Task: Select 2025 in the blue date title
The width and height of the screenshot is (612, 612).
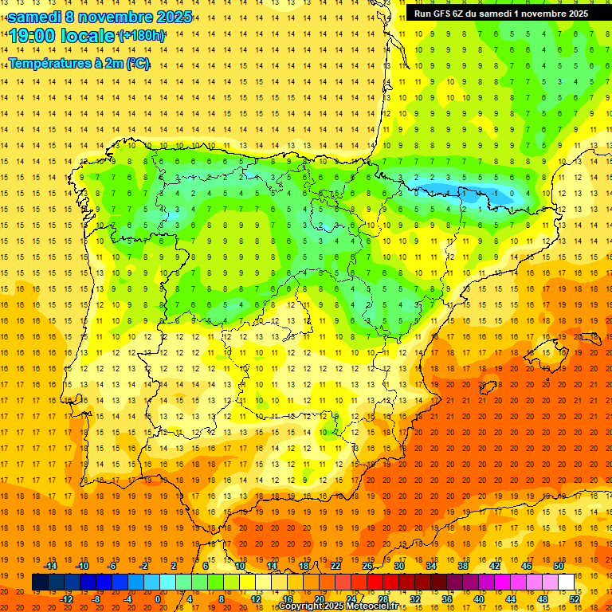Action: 175,17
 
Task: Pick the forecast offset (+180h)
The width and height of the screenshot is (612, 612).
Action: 142,36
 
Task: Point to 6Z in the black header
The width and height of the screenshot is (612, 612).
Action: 460,14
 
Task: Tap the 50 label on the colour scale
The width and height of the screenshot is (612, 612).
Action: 558,566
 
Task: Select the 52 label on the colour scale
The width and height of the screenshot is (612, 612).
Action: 574,599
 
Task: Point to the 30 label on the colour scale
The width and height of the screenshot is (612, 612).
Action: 398,566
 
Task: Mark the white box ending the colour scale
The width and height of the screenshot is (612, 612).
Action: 566,583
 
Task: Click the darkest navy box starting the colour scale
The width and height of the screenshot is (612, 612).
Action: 40,583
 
